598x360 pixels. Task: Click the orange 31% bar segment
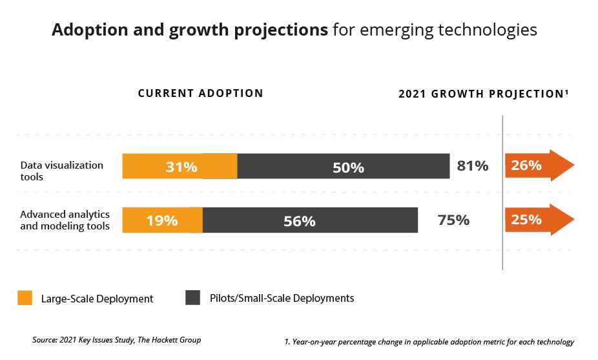click(x=180, y=166)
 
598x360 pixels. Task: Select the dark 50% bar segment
click(x=344, y=167)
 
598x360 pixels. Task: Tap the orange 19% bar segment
click(x=162, y=220)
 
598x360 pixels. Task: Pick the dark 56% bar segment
click(x=310, y=220)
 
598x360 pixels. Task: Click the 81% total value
click(x=472, y=165)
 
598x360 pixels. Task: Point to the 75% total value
click(x=453, y=220)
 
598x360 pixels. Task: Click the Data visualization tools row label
click(x=61, y=171)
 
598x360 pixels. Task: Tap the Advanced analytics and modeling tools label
click(x=65, y=220)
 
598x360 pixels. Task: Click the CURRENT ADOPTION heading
click(x=200, y=93)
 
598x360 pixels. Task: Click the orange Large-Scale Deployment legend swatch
click(x=25, y=298)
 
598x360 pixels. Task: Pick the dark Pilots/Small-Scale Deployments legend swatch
click(x=193, y=298)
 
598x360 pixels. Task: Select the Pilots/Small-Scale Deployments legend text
click(x=281, y=298)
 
